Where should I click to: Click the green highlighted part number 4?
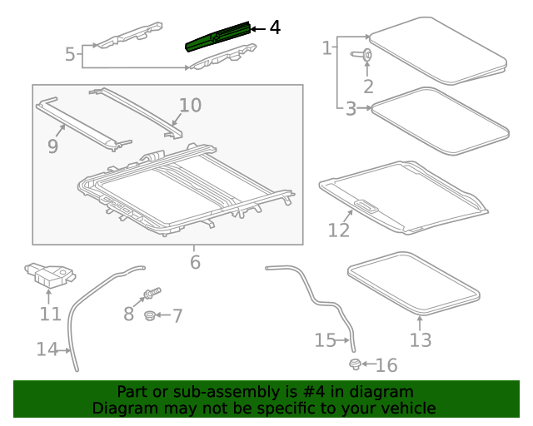[216, 37]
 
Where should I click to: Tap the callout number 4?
[275, 28]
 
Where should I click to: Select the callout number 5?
[71, 55]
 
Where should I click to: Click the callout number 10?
[190, 105]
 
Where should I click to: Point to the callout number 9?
[52, 146]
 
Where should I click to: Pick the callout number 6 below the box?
[195, 262]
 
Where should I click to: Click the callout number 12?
[339, 229]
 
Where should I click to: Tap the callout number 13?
[421, 339]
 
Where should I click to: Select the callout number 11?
[51, 314]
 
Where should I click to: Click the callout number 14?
[47, 349]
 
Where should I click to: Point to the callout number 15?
[325, 339]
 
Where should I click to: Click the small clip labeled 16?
[356, 364]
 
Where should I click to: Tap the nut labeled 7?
[150, 315]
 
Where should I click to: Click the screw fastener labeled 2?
[366, 55]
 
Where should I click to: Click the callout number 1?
[327, 48]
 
